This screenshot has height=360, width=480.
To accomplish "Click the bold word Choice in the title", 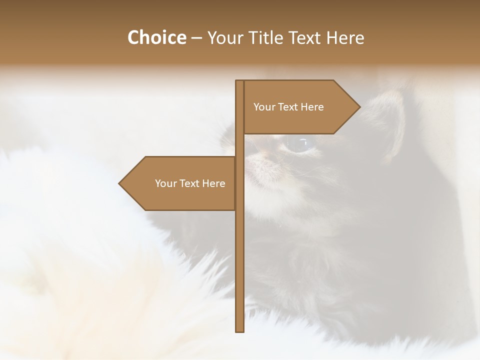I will [156, 37].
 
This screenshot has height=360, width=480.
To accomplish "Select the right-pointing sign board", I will [295, 107].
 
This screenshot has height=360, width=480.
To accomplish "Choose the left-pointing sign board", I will [185, 183].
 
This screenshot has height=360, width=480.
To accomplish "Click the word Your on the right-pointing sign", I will [264, 107].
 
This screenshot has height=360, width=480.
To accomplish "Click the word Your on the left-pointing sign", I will [165, 183].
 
